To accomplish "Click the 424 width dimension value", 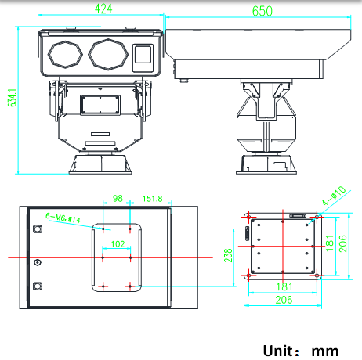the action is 103,9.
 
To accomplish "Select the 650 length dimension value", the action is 262,11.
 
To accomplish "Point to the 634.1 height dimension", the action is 13,98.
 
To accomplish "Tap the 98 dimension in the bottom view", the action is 118,198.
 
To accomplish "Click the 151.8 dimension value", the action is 153,199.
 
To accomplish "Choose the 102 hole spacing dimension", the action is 118,244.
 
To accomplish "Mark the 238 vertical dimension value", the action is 228,255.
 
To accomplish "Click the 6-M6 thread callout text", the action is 63,218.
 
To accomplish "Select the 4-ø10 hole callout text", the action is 334,196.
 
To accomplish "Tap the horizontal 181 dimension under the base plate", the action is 284,287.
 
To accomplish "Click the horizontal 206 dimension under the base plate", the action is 284,300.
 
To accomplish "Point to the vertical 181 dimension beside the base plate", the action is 330,243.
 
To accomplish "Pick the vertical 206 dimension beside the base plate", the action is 342,243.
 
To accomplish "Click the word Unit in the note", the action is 278,351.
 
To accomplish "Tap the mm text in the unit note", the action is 325,351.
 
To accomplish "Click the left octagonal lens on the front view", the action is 65,55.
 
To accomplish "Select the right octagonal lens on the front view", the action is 108,55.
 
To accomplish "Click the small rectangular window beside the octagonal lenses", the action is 143,58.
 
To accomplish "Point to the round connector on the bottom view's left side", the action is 38,262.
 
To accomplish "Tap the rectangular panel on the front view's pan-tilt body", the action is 100,105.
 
